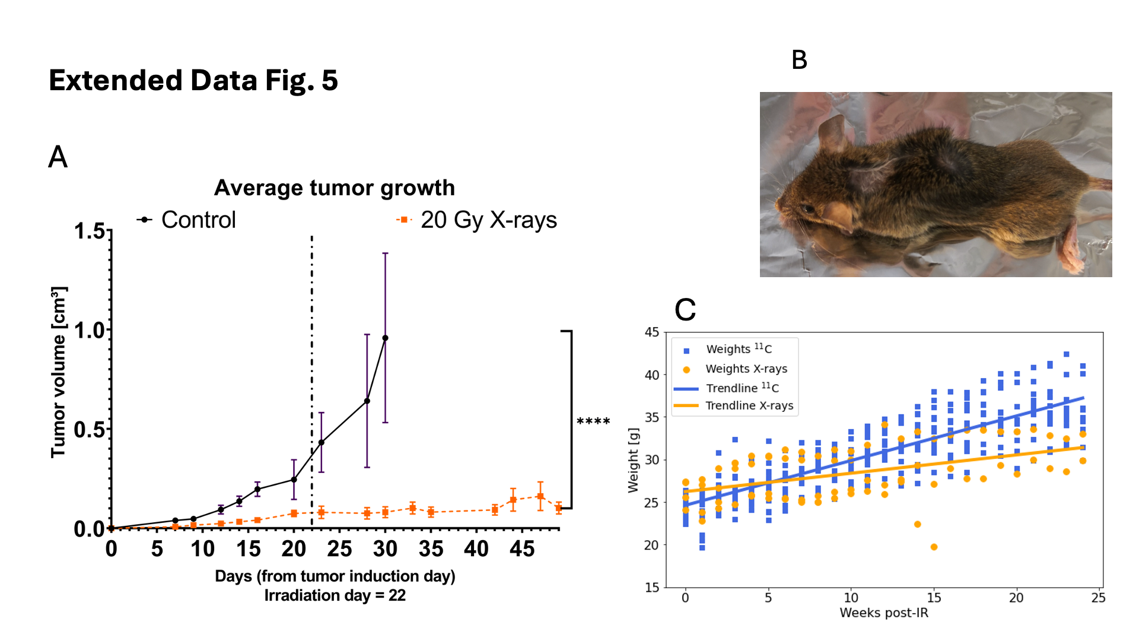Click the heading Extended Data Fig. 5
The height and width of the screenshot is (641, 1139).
tap(193, 80)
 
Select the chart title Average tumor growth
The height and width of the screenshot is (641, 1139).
tap(334, 188)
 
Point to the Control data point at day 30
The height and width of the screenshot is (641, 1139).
tap(385, 338)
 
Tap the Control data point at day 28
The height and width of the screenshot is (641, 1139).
tap(367, 401)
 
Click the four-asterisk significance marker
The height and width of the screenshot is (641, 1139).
tap(593, 422)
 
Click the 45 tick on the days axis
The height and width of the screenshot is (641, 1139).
tap(522, 549)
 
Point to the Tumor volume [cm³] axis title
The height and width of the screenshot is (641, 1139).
tap(59, 372)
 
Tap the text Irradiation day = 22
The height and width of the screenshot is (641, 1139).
tap(335, 595)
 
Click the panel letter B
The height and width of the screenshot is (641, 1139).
tap(799, 60)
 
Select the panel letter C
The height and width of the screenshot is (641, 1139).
tap(685, 310)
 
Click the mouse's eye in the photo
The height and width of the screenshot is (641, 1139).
tap(809, 208)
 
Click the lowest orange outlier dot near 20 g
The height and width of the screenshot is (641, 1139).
tap(934, 547)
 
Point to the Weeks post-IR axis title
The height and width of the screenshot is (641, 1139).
tap(883, 613)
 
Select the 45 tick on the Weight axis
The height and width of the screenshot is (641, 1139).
tap(651, 332)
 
